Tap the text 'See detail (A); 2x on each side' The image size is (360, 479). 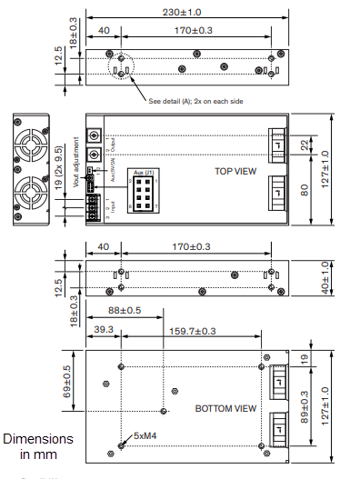(x=196, y=100)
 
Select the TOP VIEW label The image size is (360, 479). (x=235, y=170)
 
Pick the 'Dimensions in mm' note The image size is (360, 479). (x=38, y=446)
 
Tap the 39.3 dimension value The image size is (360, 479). (x=103, y=331)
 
